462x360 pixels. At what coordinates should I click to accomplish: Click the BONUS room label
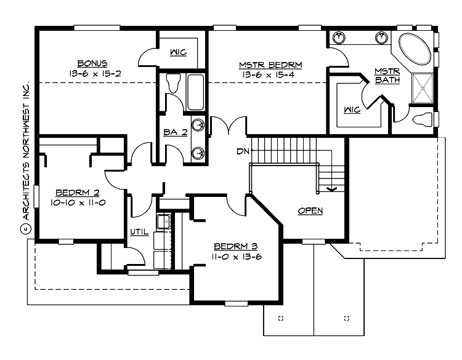pos(93,63)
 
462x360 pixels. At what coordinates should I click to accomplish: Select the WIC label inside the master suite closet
pos(351,110)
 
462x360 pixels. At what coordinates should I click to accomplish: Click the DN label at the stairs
pos(243,151)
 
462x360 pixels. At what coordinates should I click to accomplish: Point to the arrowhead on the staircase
pos(332,189)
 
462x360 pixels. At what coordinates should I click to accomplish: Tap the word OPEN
pos(310,210)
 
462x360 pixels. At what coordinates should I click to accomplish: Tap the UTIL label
pos(138,231)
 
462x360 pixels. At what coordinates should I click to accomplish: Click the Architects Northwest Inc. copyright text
pos(25,160)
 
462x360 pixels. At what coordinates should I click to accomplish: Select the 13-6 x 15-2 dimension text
pos(93,73)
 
